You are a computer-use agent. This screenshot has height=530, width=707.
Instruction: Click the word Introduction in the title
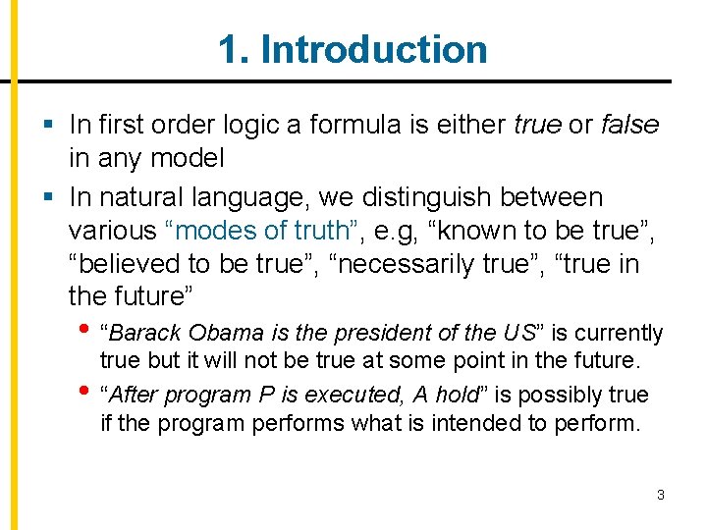(374, 49)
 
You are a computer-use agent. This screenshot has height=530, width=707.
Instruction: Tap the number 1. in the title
(234, 49)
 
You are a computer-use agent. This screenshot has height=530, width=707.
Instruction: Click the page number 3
(661, 495)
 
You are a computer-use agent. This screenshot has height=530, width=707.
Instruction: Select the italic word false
(629, 125)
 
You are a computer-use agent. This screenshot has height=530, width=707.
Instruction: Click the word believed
(139, 264)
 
